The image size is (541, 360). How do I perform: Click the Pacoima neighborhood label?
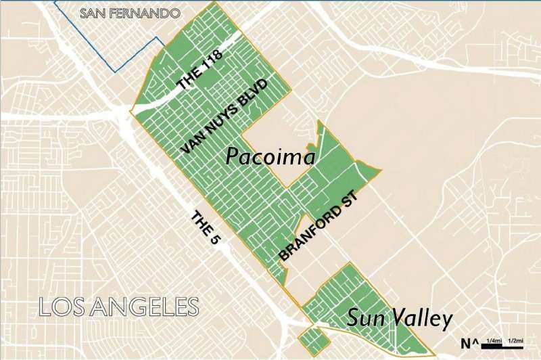click(x=270, y=157)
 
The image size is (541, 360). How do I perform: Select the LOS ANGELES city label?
click(x=120, y=306)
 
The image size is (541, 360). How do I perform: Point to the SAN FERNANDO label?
click(x=130, y=13)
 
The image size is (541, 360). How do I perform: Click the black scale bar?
click(x=503, y=347)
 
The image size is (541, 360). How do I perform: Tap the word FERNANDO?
click(x=152, y=13)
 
